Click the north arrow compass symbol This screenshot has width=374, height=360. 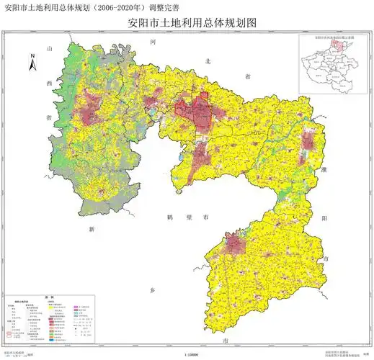pyautogui.click(x=32, y=62)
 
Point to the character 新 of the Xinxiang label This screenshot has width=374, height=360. pyautogui.click(x=92, y=228)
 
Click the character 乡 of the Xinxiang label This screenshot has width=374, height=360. pyautogui.click(x=153, y=287)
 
